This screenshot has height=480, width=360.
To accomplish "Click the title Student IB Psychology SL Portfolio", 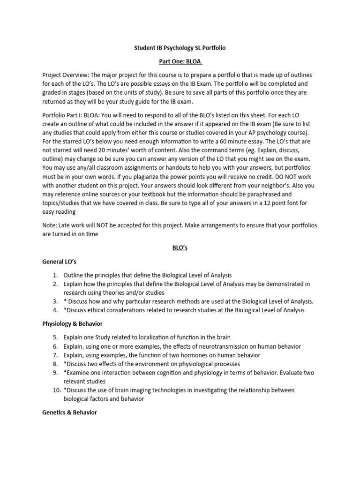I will pyautogui.click(x=180, y=48).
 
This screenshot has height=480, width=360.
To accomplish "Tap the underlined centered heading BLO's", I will pyautogui.click(x=180, y=248).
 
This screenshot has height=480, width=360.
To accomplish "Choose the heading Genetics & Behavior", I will pyautogui.click(x=69, y=412).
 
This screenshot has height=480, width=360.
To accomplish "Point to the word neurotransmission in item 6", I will pyautogui.click(x=218, y=346).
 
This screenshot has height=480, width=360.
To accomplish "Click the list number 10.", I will pyautogui.click(x=55, y=390).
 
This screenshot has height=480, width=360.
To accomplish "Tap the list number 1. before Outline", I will pyautogui.click(x=55, y=275).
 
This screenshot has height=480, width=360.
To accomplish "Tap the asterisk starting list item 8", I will pyautogui.click(x=65, y=364).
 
